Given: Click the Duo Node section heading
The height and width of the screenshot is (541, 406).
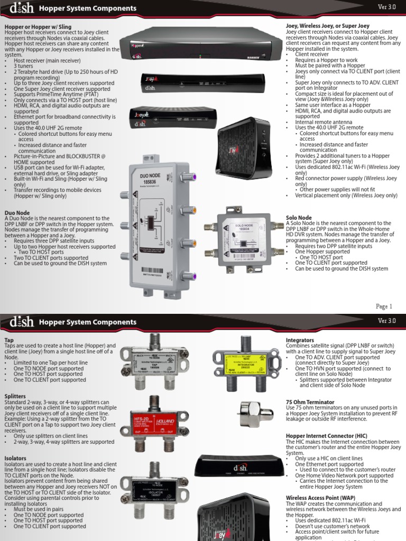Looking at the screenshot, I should [17, 213].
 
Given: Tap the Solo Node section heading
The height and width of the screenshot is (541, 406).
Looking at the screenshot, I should [298, 218].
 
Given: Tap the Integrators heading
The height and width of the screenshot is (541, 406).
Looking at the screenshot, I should [300, 340].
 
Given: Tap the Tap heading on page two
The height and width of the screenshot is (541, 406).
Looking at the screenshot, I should [9, 340].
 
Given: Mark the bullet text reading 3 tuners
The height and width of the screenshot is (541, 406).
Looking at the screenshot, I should [24, 67].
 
